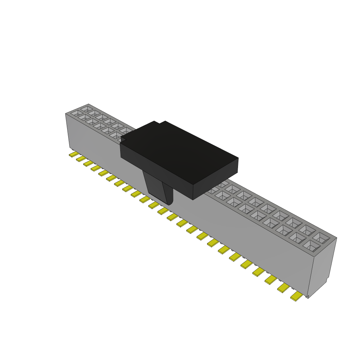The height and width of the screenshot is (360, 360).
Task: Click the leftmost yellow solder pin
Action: tap(73, 154)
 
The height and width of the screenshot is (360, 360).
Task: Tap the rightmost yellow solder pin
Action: tap(296, 297)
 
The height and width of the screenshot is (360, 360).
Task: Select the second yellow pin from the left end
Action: tap(81, 159)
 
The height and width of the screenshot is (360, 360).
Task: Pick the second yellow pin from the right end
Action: tap(283, 288)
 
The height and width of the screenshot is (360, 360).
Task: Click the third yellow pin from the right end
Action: tap(271, 279)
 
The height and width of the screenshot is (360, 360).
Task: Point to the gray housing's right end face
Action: tap(323, 267)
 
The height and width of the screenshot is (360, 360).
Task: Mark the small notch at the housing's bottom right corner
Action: tap(308, 296)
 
